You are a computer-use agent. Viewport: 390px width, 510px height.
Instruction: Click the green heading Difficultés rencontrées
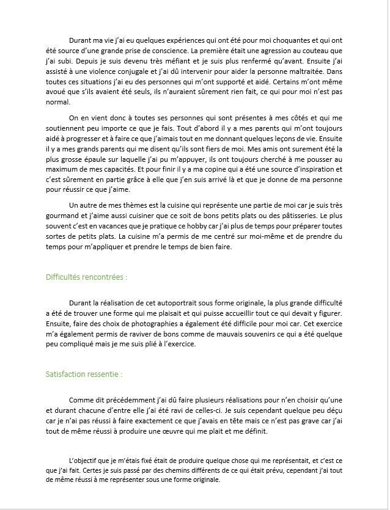point(86,277)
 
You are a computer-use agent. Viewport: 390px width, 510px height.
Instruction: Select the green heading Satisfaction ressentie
point(84,373)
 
